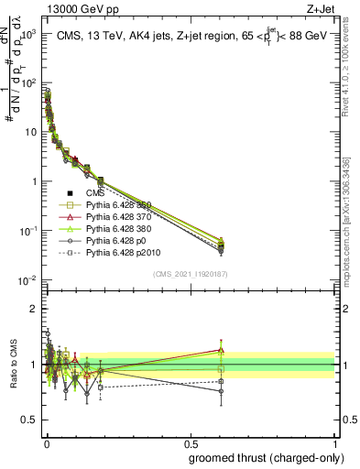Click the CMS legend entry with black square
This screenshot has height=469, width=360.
click(82, 193)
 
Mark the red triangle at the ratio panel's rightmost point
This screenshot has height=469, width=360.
click(220, 349)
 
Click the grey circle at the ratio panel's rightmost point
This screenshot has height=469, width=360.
click(220, 391)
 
